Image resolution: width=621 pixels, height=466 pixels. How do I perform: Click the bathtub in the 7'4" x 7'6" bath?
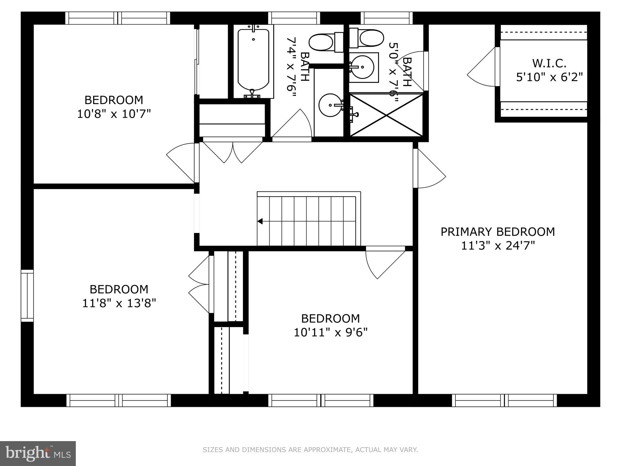[253, 61]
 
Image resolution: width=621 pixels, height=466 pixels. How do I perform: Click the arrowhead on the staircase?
[260, 221]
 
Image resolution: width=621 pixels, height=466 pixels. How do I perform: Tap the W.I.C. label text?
[549, 63]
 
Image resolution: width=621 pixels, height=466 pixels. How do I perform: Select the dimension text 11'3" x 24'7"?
[498, 245]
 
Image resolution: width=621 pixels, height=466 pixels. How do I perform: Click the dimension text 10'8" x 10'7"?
[114, 114]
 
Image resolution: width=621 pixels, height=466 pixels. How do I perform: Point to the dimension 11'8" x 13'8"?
[119, 303]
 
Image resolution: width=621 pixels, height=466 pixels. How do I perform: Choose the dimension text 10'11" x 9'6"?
[330, 333]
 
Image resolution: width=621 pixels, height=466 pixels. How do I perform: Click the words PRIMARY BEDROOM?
[498, 232]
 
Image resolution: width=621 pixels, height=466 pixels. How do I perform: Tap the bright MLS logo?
[38, 453]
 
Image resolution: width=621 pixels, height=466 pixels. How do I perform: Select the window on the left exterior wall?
[27, 296]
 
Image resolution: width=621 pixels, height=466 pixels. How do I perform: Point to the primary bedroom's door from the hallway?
[429, 167]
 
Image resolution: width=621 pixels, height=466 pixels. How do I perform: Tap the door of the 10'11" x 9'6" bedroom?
[385, 262]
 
